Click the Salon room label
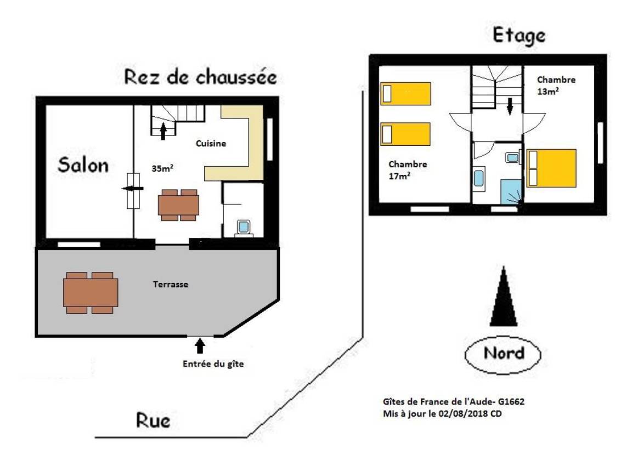tap(83, 164)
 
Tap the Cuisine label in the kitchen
tap(211, 144)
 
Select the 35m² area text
tap(162, 168)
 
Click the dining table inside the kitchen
tap(178, 205)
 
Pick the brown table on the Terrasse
tap(91, 293)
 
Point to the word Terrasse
tap(171, 285)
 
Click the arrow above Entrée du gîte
tap(200, 345)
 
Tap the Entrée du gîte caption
tap(213, 364)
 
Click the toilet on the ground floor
tap(244, 228)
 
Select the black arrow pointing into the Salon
tap(132, 189)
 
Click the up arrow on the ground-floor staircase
tap(163, 132)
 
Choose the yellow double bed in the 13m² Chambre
tap(551, 168)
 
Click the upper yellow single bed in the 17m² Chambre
tap(405, 93)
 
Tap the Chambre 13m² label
tap(556, 86)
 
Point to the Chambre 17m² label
tap(408, 170)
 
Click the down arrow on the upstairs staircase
tap(510, 106)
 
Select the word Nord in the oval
tap(504, 353)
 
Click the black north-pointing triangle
tap(504, 296)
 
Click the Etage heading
tap(519, 36)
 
